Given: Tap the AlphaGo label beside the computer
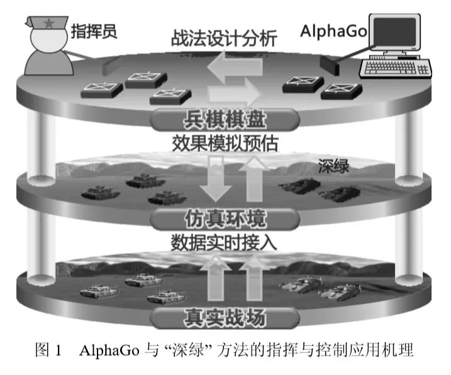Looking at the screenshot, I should [x=334, y=30].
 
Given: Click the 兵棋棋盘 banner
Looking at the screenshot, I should [x=224, y=117].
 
